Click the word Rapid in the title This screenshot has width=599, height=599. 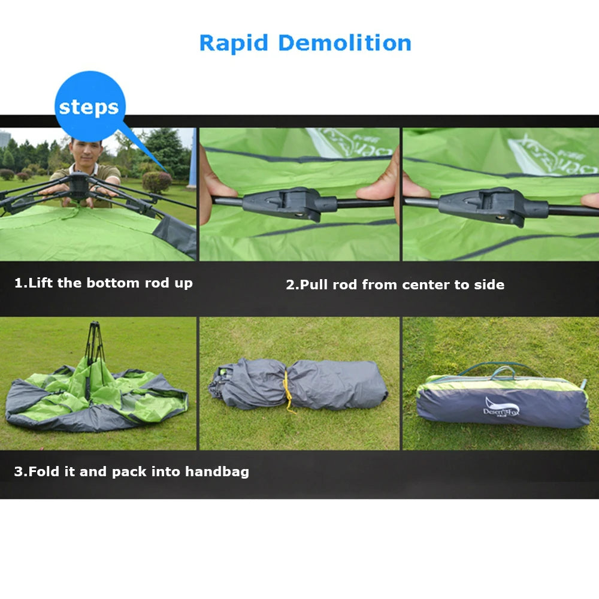[x=234, y=43]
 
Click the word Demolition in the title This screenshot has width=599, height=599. [x=344, y=43]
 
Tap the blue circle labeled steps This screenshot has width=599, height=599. [x=89, y=107]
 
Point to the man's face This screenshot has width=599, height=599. [x=83, y=152]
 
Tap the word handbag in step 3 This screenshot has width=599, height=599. [x=217, y=471]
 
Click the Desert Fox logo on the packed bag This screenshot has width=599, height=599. [x=501, y=409]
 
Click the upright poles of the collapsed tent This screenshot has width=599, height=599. [x=94, y=347]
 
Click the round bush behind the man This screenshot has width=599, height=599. [x=156, y=182]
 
